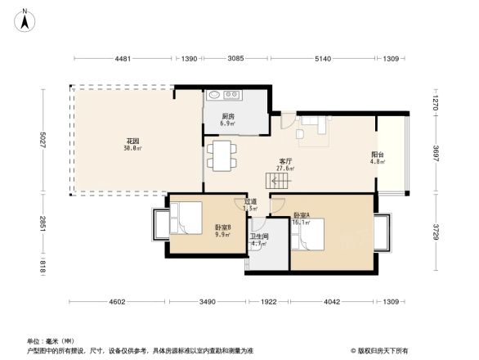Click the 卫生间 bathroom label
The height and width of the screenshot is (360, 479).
coord(258,239)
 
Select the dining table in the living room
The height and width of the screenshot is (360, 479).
coord(222,156)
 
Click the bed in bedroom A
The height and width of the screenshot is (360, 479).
coord(315,237)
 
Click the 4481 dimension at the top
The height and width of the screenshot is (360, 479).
coord(123,58)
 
